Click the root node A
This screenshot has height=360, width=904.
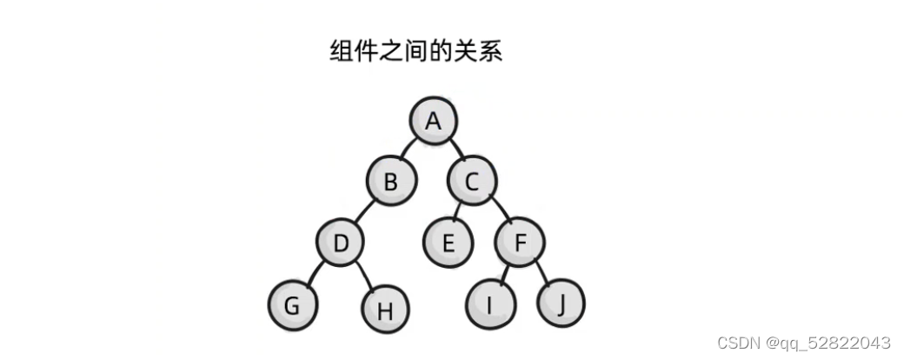pos(433,123)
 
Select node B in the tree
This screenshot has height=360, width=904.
pos(391,183)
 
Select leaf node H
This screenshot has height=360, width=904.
pos(382,309)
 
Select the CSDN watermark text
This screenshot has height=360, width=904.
pos(804,343)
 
